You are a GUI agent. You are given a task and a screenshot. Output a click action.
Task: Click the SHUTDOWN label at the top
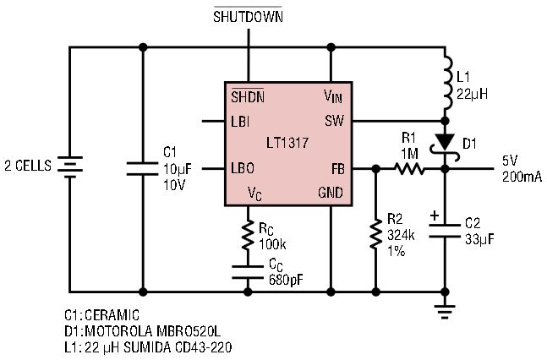tap(248, 17)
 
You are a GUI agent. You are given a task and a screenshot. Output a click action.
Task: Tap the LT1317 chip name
tap(287, 143)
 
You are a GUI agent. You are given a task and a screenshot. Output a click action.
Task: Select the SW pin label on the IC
tap(334, 121)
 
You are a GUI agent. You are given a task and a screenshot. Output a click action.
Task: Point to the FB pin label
tap(337, 169)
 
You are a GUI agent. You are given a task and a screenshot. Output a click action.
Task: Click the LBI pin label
tap(240, 122)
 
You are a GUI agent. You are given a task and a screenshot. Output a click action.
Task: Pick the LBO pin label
tap(243, 168)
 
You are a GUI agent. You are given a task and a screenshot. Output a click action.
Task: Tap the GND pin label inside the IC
tap(331, 193)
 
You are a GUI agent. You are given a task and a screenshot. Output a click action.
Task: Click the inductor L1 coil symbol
tap(447, 84)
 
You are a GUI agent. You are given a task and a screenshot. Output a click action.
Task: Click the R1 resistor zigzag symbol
tap(409, 169)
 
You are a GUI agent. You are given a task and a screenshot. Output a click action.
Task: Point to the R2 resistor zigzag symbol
tap(375, 233)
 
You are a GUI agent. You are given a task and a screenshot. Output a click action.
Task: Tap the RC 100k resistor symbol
tap(248, 233)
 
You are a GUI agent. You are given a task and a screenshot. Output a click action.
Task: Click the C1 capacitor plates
tap(142, 168)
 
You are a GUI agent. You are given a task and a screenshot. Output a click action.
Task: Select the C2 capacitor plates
tap(445, 231)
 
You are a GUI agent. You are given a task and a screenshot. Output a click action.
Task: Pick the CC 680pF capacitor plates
tap(248, 272)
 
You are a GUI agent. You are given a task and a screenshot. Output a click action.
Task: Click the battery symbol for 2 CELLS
tap(70, 166)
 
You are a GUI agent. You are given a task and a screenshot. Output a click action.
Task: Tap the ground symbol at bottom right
tap(445, 312)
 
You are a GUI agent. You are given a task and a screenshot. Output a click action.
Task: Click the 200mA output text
tap(522, 177)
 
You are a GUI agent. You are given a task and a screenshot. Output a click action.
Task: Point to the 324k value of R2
tap(402, 236)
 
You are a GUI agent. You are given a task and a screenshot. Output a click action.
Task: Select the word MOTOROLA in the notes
tap(118, 331)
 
